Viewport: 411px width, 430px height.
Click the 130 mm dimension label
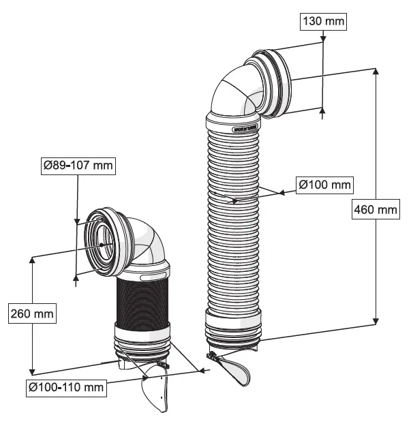(323, 22)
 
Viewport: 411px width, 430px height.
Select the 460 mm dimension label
(375, 210)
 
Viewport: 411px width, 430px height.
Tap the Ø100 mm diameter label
(324, 184)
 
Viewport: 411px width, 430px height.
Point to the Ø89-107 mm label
(78, 165)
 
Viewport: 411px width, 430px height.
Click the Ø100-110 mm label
(66, 388)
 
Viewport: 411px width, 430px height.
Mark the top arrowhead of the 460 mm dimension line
(376, 72)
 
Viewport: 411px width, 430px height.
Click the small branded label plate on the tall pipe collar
(243, 127)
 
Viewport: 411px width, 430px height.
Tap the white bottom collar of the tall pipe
(232, 321)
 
